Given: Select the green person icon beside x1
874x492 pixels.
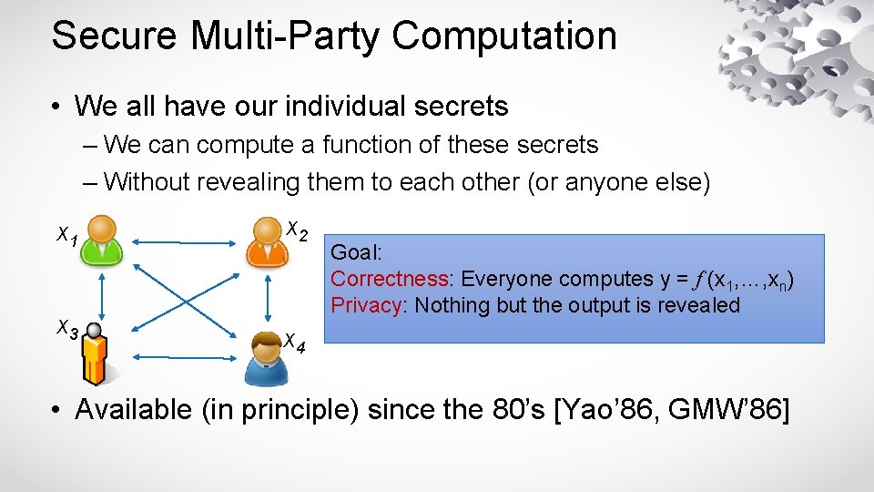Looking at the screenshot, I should tap(102, 241).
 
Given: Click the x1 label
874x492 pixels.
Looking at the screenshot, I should tap(66, 237).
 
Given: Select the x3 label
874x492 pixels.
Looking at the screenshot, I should tap(66, 327).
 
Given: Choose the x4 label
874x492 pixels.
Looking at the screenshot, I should tap(294, 343).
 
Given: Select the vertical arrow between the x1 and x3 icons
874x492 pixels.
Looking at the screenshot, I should tap(102, 293).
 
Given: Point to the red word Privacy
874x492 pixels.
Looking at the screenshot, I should tap(367, 304).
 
